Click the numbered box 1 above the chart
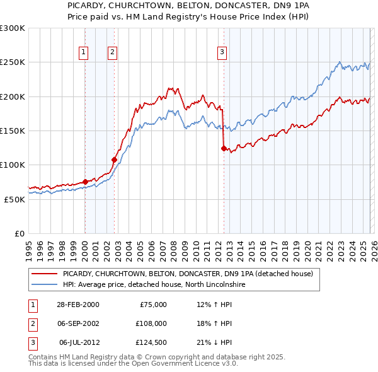tap(84, 52)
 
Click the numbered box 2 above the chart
tap(112, 52)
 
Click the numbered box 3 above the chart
tap(222, 52)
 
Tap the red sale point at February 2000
tap(85, 182)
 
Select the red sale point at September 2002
tap(114, 160)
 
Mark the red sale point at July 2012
tap(224, 148)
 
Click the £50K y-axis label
tap(14, 199)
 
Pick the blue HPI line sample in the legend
tap(44, 284)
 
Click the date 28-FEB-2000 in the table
tap(77, 305)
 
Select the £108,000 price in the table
tap(151, 323)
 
